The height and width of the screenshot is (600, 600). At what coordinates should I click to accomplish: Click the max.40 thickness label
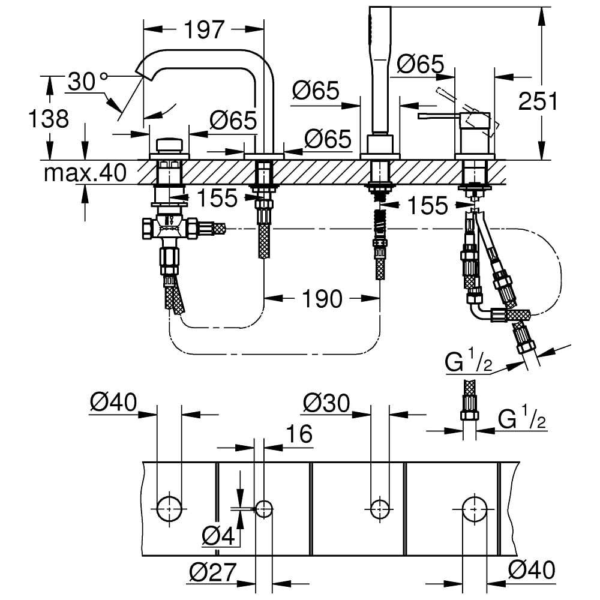click(x=85, y=173)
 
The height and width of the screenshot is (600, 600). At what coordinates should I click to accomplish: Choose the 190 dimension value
click(x=323, y=298)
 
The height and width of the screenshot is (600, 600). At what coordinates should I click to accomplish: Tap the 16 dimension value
click(x=299, y=434)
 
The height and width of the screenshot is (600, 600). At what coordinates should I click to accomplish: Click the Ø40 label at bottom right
click(x=531, y=568)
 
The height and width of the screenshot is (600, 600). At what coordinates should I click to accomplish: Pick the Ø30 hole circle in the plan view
click(x=379, y=508)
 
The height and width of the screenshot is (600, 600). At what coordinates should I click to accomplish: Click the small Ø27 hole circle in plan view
click(x=264, y=508)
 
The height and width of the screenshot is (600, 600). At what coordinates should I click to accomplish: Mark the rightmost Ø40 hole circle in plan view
click(x=474, y=508)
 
